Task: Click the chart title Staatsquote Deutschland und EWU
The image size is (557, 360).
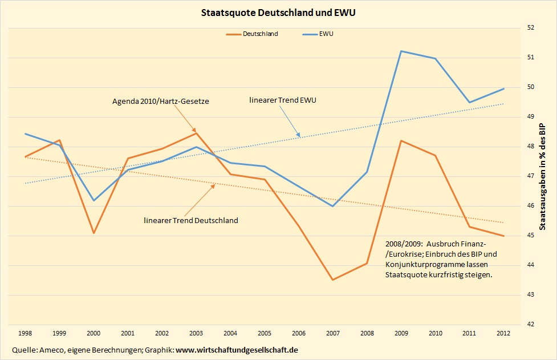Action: tap(279, 11)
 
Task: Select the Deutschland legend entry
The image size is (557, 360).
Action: tap(260, 34)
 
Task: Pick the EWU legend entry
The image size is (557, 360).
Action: tap(327, 34)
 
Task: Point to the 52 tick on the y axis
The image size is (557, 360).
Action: tap(530, 27)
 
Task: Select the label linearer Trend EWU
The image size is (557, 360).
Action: tap(283, 100)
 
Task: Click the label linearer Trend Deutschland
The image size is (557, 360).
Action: tap(190, 220)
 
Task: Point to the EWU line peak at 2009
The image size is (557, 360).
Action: tap(401, 51)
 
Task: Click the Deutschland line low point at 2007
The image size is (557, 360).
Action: tap(332, 280)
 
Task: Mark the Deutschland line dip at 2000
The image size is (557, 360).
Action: tap(93, 233)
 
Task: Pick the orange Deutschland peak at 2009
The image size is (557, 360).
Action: tap(401, 140)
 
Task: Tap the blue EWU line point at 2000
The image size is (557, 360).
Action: tap(93, 200)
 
